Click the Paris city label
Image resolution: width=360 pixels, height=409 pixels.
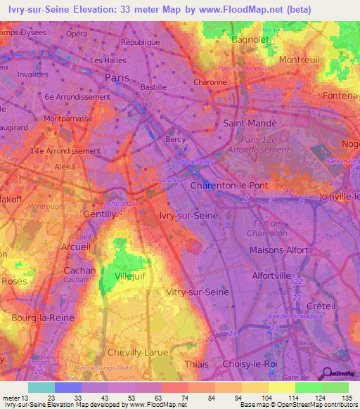(x=117, y=78)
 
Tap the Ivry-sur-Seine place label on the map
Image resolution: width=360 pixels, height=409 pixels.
(x=188, y=216)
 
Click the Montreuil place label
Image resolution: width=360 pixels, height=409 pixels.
(x=301, y=60)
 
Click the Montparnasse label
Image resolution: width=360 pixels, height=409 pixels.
(x=69, y=120)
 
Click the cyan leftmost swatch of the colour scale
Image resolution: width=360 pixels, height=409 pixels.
(x=41, y=387)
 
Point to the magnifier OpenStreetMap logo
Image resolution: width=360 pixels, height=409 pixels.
(x=326, y=373)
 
